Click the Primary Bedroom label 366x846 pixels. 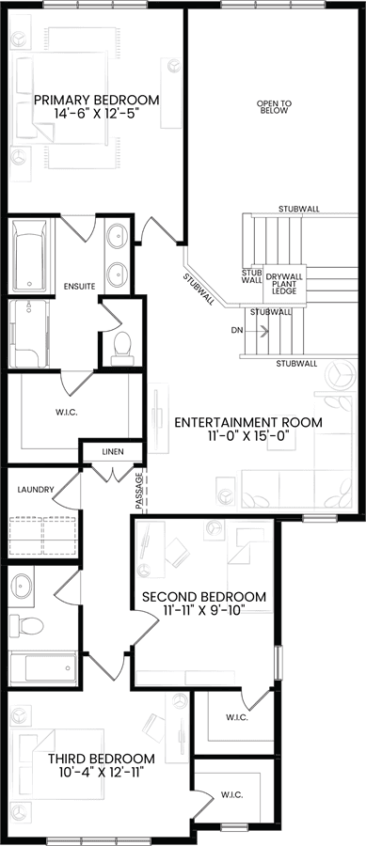97,100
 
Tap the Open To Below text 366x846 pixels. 274,107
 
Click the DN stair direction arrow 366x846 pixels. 263,330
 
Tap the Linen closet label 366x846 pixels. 113,451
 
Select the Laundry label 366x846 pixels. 36,490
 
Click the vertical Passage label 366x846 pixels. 138,491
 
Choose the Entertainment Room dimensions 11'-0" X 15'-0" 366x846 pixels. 248,436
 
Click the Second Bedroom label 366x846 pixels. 204,597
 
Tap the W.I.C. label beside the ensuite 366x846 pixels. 68,413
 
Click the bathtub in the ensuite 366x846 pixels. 30,255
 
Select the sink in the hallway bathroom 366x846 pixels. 23,586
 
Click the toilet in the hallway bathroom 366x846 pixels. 26,625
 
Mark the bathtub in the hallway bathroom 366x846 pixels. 43,667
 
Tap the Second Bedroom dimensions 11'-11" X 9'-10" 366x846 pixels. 204,611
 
